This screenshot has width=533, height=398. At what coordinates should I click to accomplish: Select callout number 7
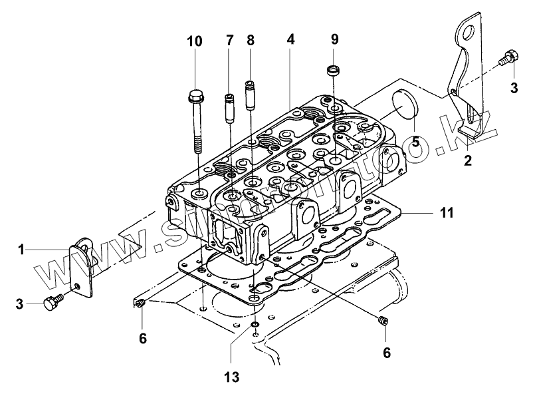[x=230, y=41]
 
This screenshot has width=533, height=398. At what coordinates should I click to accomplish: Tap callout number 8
[x=251, y=41]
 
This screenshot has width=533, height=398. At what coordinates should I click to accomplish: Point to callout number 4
[x=290, y=39]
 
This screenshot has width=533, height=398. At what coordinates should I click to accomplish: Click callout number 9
[x=334, y=39]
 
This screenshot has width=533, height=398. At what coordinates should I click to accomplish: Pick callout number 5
[x=415, y=141]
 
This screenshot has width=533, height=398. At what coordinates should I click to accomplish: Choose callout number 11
[x=446, y=213]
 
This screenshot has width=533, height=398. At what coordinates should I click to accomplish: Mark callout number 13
[x=231, y=377]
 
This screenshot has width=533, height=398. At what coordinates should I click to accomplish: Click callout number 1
[x=22, y=250]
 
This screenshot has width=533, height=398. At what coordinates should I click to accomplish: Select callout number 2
[x=468, y=160]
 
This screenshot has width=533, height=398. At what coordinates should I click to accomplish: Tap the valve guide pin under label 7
[x=230, y=106]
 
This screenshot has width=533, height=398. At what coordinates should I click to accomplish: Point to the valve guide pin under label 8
[x=251, y=95]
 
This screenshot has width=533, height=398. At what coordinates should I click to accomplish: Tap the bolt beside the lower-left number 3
[x=53, y=303]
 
